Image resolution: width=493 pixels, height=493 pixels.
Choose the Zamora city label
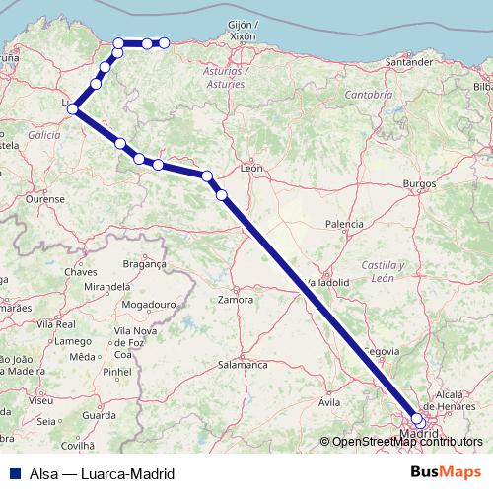(x=237, y=298)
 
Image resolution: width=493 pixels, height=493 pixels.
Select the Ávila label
(x=329, y=402)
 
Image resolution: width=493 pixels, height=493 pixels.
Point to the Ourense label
(x=43, y=198)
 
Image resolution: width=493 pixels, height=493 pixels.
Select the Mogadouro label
(x=150, y=306)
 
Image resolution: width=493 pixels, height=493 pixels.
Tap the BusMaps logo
(x=447, y=471)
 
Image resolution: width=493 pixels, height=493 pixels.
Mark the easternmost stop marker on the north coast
(x=165, y=42)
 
